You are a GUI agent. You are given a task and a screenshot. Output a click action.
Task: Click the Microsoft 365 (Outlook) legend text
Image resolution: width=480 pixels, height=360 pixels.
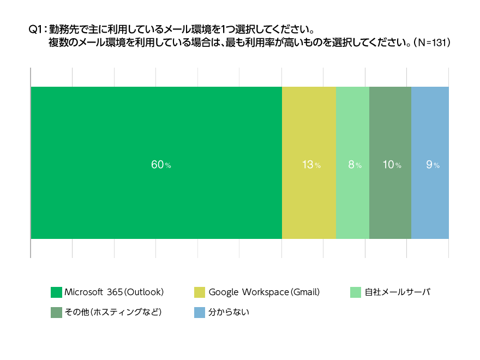[114, 292]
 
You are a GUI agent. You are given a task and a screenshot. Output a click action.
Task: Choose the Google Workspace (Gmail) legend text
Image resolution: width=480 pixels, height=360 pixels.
[264, 292]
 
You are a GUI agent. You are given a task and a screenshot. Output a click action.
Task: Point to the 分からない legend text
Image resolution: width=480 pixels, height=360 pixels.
[229, 312]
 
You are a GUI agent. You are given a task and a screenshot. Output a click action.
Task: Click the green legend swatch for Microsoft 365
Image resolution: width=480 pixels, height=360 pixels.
[56, 292]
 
